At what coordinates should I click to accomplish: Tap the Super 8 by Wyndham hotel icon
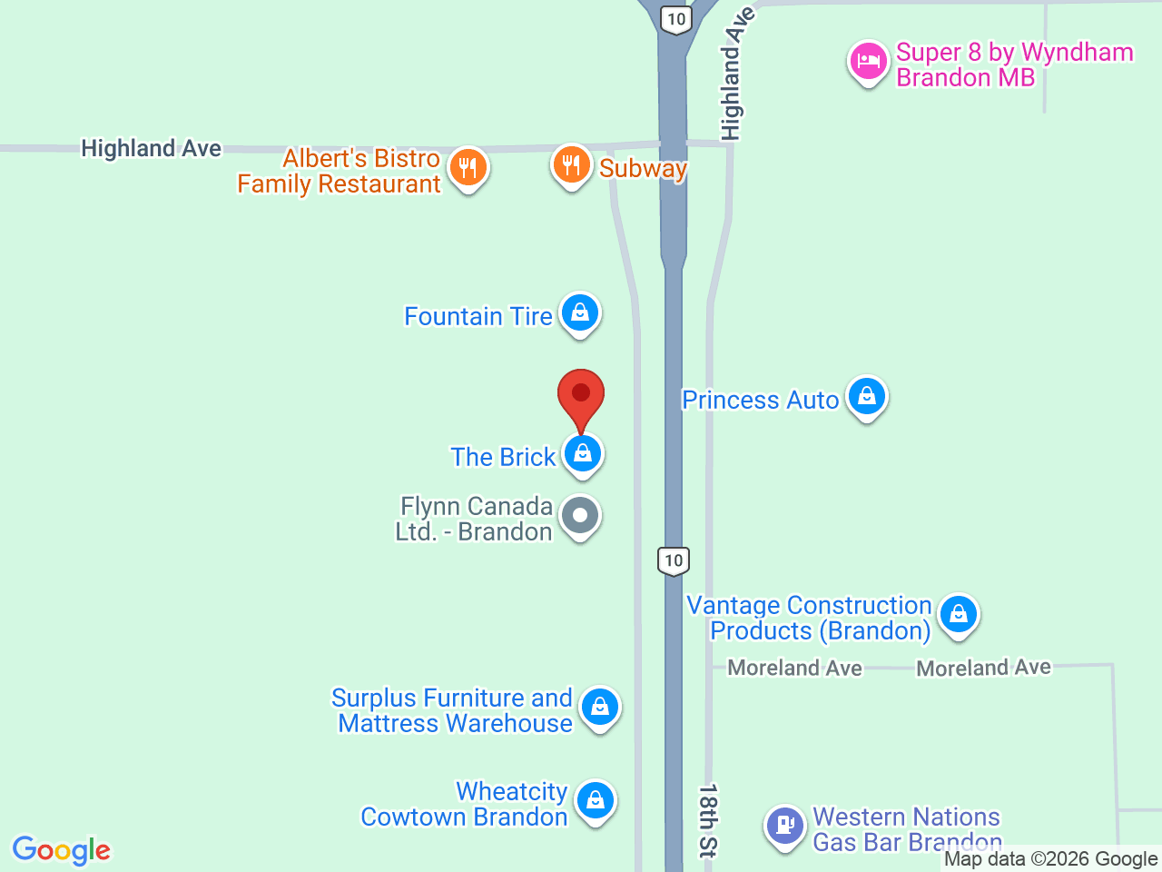click(x=868, y=62)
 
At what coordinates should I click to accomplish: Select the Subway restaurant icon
click(x=571, y=165)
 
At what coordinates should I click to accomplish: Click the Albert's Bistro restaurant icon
click(x=468, y=168)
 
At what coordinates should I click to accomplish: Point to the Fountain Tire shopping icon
click(x=579, y=313)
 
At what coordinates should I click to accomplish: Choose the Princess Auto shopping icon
click(x=867, y=397)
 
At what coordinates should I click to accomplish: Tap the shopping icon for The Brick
click(x=582, y=452)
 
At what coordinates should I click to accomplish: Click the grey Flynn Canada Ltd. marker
click(x=580, y=516)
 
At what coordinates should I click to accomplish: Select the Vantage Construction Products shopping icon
click(x=958, y=615)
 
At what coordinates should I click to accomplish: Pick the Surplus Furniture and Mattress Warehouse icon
click(x=599, y=707)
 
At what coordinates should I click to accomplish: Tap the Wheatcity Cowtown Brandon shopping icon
click(x=595, y=800)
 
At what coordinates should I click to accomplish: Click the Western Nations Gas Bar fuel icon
click(x=784, y=826)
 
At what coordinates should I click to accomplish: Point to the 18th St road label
click(x=708, y=820)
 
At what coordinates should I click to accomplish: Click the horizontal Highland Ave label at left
click(x=151, y=148)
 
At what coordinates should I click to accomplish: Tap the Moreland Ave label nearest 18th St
click(x=794, y=668)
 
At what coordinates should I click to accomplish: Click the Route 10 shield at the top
click(x=675, y=19)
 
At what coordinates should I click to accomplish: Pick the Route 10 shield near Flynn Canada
click(x=673, y=560)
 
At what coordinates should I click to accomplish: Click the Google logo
click(x=61, y=850)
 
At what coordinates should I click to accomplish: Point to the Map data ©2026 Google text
click(x=1050, y=858)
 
